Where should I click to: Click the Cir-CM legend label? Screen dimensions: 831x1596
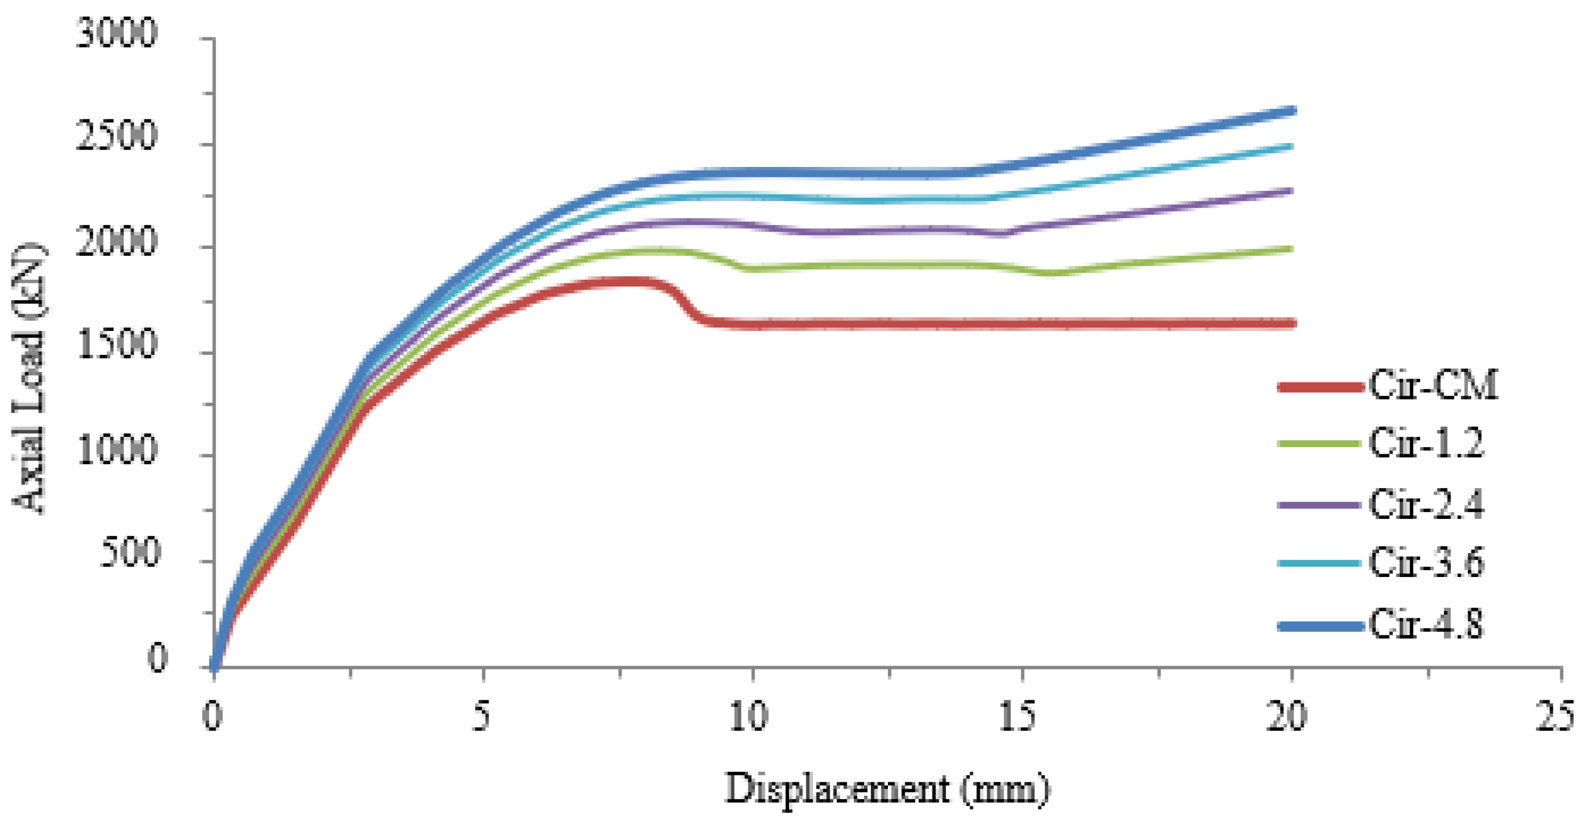pyautogui.click(x=1433, y=386)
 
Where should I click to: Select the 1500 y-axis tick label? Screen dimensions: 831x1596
pyautogui.click(x=116, y=345)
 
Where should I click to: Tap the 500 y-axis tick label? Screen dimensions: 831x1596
pyautogui.click(x=129, y=553)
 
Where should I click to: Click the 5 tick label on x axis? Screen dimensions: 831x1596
pyautogui.click(x=481, y=717)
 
